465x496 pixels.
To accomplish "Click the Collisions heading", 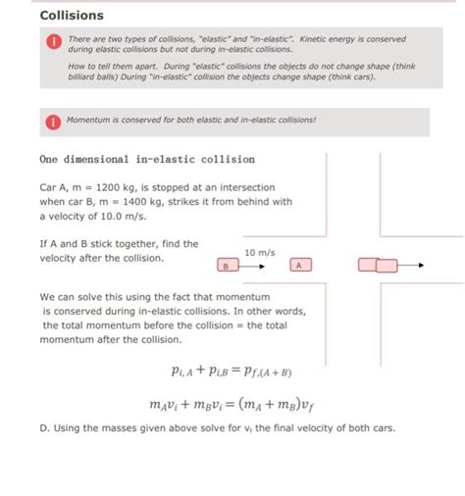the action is pyautogui.click(x=72, y=16).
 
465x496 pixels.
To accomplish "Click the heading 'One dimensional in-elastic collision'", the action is pyautogui.click(x=147, y=159).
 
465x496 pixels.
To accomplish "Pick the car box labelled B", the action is pyautogui.click(x=225, y=266).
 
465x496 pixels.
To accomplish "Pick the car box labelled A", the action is pyautogui.click(x=299, y=265).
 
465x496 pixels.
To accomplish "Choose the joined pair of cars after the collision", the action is pyautogui.click(x=378, y=265).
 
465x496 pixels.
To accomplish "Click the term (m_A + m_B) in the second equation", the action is pyautogui.click(x=284, y=404).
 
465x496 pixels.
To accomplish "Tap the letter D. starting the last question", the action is pyautogui.click(x=45, y=427).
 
